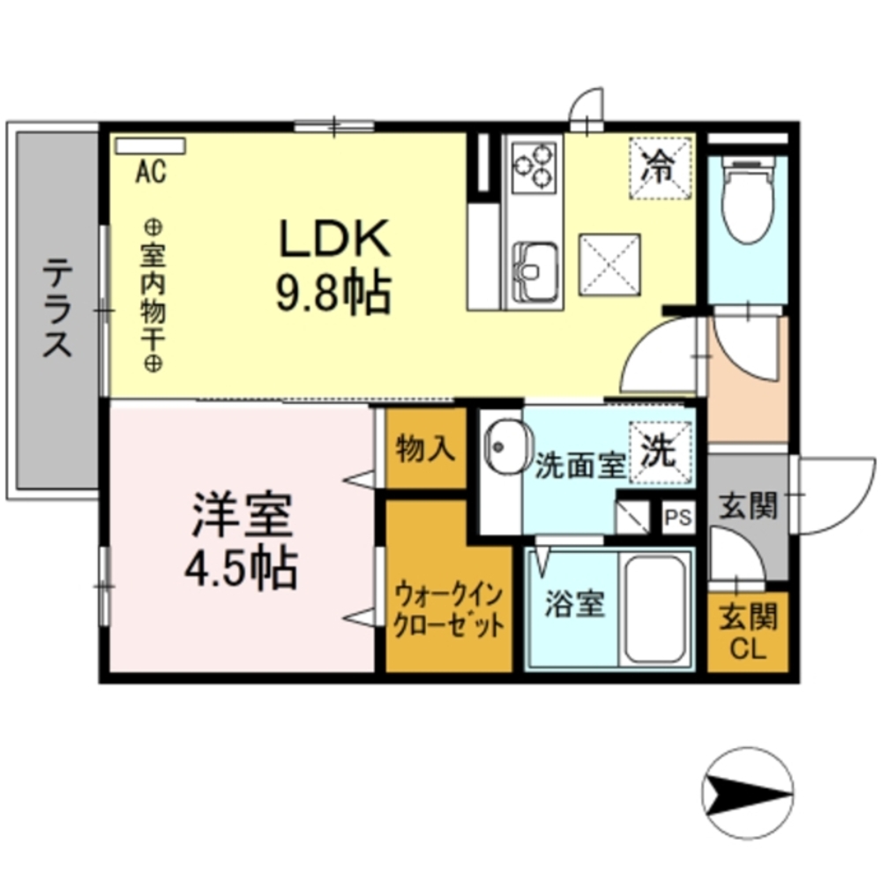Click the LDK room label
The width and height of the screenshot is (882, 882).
point(334,239)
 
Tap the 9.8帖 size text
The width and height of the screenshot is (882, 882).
point(334,294)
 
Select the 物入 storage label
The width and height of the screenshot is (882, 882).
point(425,450)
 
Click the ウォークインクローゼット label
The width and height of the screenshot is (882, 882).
point(450,609)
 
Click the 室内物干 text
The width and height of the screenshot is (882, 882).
point(151,295)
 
